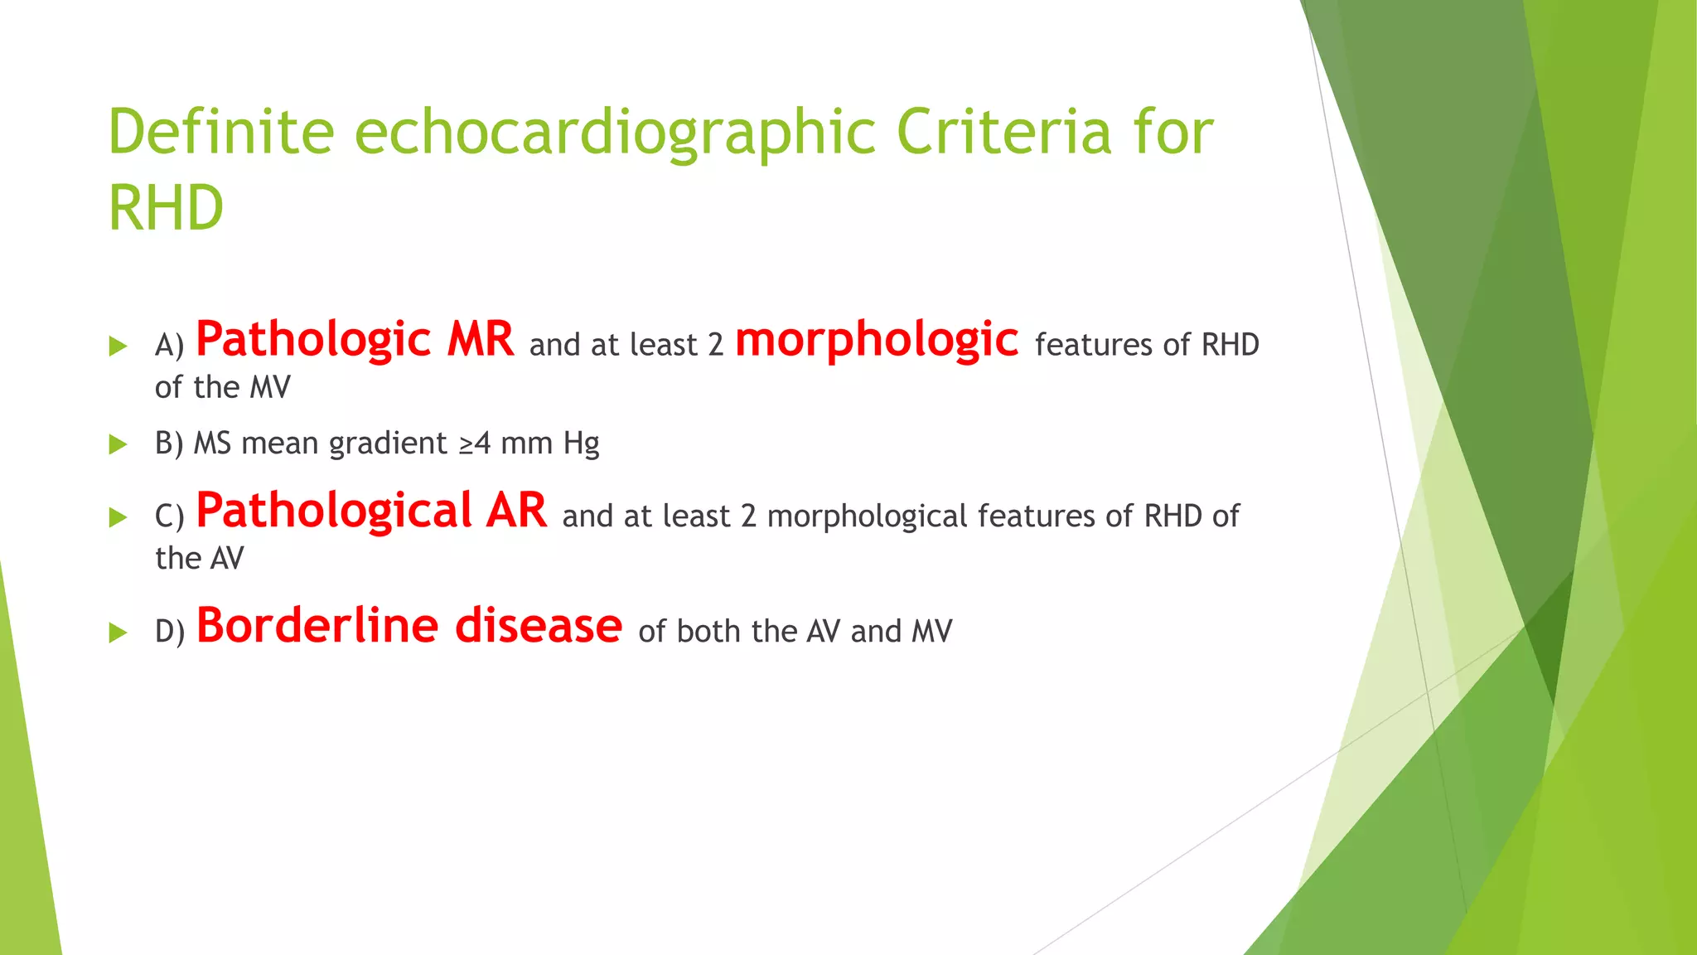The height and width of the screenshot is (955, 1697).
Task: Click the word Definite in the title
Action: (220, 132)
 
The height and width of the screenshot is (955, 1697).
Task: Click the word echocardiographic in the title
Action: (615, 133)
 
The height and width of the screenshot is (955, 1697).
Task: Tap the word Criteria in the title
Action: (1003, 132)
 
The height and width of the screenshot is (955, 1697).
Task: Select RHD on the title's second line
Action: (166, 207)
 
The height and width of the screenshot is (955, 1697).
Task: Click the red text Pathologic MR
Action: (355, 340)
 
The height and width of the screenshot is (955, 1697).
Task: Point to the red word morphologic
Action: (876, 340)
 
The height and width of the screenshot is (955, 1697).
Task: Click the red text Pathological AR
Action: (371, 511)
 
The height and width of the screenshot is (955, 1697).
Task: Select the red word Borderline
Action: (317, 626)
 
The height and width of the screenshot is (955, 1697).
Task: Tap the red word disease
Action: (539, 626)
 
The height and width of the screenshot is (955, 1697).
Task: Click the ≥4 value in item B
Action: (475, 444)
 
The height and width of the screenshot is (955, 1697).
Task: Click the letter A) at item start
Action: (169, 345)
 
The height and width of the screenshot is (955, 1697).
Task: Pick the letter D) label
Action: (170, 632)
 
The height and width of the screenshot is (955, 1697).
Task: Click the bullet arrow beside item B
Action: (118, 444)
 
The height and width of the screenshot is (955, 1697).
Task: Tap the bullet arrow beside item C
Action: (118, 517)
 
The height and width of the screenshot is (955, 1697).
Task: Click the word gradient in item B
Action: (388, 444)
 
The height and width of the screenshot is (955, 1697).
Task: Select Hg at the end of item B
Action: (581, 444)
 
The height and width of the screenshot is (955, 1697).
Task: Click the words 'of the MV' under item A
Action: (222, 387)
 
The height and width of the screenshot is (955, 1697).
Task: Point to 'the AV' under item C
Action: (199, 558)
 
